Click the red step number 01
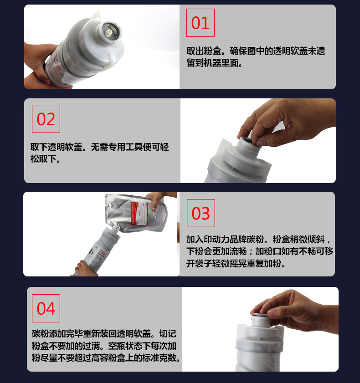tap(200, 23)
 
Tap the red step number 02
tap(46, 119)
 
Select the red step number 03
tap(201, 213)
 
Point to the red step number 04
tap(46, 308)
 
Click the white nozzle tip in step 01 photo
tap(108, 32)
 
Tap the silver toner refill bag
tap(136, 213)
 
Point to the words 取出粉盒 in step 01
tap(204, 51)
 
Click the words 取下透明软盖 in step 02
tap(56, 147)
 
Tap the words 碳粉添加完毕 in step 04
tap(57, 334)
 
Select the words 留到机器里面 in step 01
tap(212, 63)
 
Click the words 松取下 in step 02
tap(43, 159)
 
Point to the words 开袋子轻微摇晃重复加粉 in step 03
tap(233, 264)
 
